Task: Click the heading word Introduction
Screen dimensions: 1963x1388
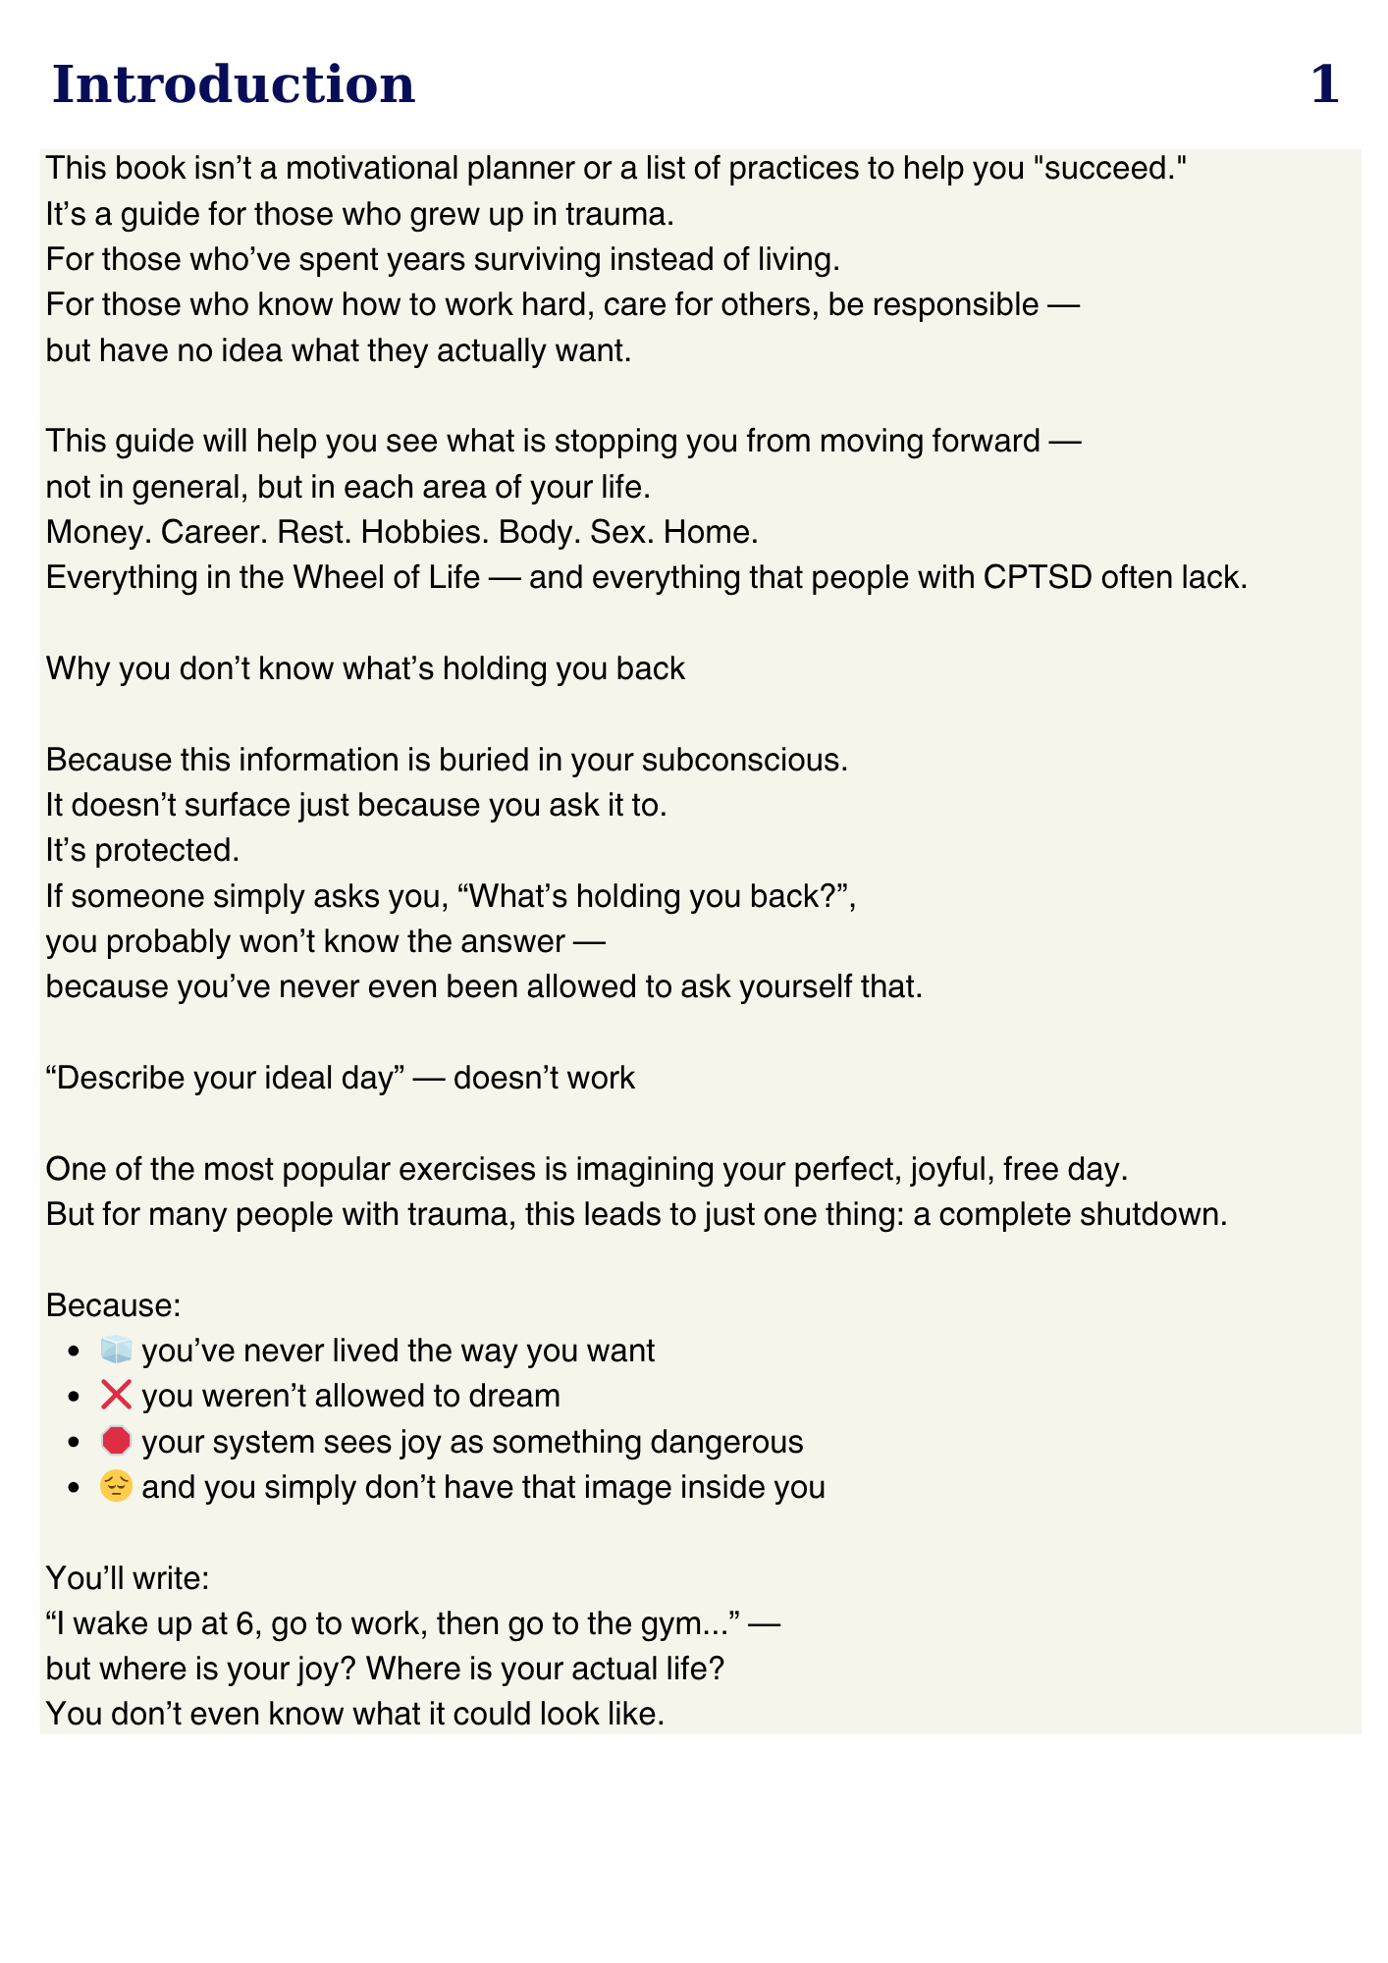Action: point(234,84)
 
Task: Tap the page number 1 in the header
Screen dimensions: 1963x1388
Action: point(1324,84)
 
